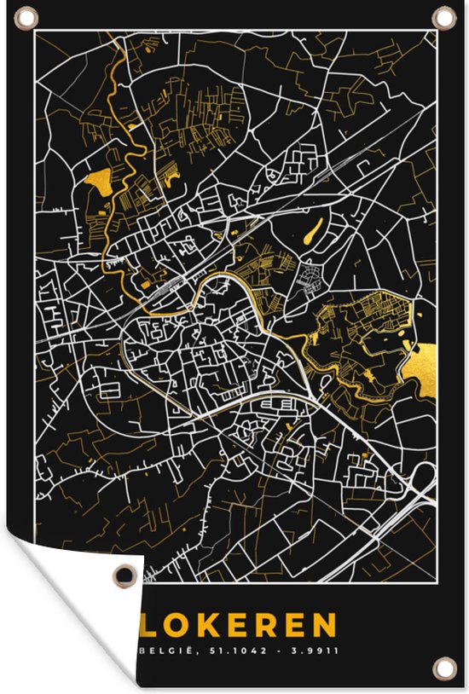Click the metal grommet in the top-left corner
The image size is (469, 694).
coord(24,16)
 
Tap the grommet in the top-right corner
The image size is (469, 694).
coord(443,16)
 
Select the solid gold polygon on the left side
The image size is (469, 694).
coord(99,181)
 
